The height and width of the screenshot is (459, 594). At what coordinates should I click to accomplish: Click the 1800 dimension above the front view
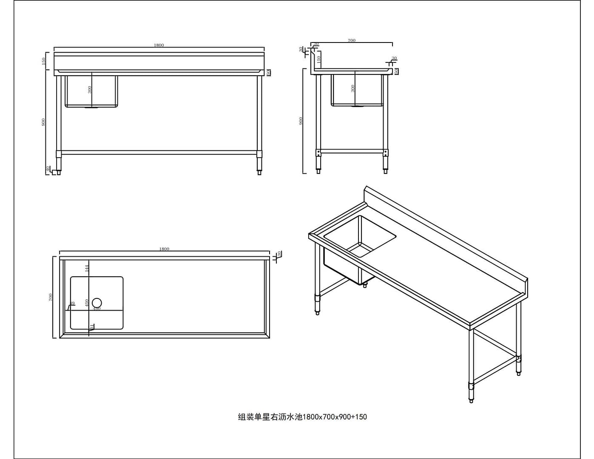coord(159,45)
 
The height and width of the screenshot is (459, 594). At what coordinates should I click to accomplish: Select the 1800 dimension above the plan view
coord(164,249)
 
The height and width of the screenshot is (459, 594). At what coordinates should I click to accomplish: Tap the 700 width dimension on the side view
coord(351,40)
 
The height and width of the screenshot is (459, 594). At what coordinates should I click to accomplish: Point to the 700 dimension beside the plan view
coord(51,297)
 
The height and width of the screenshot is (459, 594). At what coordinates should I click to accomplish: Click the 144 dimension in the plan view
coord(86,268)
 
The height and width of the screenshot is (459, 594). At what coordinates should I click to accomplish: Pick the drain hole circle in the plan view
coord(97,302)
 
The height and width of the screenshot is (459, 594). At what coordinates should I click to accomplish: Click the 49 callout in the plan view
coord(72,303)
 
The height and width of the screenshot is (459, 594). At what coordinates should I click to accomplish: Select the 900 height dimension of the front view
coord(43,122)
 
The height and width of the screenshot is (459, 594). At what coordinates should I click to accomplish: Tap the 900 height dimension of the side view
coord(301,121)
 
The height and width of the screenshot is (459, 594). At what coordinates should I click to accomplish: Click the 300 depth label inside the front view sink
coord(90,90)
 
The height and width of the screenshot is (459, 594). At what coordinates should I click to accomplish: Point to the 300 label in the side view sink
coord(353,88)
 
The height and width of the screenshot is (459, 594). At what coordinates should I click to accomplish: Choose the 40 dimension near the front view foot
coord(48,169)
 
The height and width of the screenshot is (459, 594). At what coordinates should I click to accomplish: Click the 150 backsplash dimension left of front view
coord(43,61)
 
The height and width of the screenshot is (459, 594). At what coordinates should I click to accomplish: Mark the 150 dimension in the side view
coord(318,59)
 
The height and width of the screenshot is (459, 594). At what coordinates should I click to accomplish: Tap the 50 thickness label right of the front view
coord(268,73)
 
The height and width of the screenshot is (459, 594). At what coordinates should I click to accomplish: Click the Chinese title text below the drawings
coord(302,417)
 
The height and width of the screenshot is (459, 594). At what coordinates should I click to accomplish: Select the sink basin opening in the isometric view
coord(360,236)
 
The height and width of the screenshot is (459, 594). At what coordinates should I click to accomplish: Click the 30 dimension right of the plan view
coord(279,254)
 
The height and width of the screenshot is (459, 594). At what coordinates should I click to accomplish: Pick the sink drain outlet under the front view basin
coord(91,108)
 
